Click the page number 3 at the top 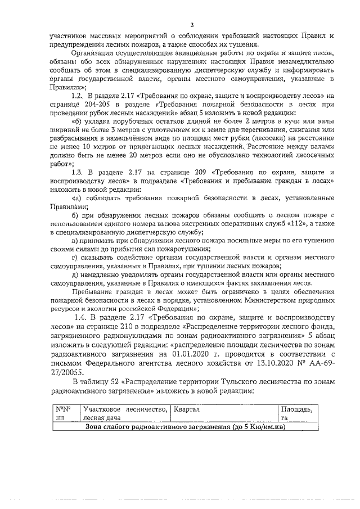pyautogui.click(x=192, y=24)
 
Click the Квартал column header pyautogui.click(x=187, y=409)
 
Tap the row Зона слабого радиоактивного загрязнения pyautogui.click(x=185, y=427)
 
